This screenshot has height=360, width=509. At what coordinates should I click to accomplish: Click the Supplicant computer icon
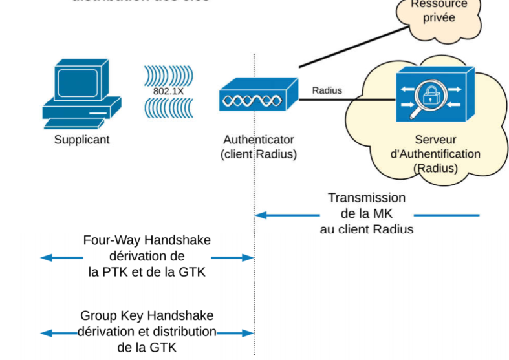[x=81, y=94]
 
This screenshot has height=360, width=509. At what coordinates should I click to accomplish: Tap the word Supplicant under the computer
[x=81, y=140]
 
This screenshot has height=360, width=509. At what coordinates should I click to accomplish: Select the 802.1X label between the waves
[x=168, y=92]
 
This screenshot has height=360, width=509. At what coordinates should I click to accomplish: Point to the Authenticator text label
[x=259, y=140]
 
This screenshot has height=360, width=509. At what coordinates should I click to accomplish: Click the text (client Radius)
[x=258, y=154]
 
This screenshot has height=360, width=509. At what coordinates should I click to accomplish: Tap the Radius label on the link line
[x=327, y=90]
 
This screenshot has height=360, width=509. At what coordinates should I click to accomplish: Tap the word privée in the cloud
[x=439, y=17]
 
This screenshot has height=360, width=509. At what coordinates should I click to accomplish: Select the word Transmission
[x=367, y=198]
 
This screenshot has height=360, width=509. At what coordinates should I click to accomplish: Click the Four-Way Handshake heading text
[x=147, y=240]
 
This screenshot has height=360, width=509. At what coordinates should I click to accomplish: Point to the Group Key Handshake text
[x=147, y=316]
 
